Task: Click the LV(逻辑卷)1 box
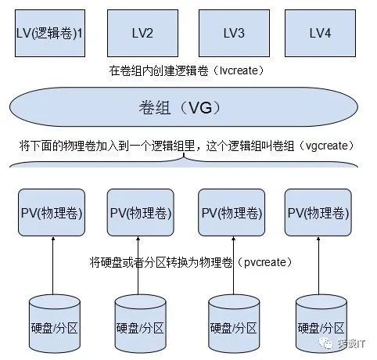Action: (x=49, y=33)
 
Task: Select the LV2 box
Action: (x=143, y=33)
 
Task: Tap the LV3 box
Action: (x=232, y=33)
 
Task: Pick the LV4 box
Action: (x=320, y=33)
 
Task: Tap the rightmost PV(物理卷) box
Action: (x=318, y=213)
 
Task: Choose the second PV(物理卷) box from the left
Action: (x=142, y=213)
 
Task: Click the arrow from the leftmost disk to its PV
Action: (x=54, y=266)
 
